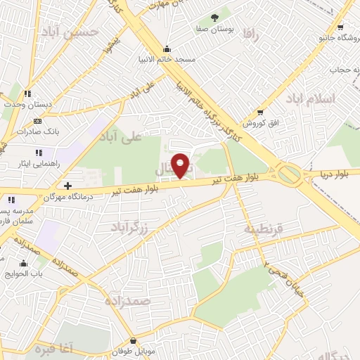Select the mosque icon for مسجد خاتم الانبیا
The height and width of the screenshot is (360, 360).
(x=167, y=49)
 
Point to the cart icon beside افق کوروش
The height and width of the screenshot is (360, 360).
(x=260, y=112)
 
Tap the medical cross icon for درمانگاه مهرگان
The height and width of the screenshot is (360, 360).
(x=67, y=186)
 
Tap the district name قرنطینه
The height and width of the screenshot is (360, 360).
(x=262, y=229)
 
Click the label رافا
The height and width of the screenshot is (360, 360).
(x=251, y=32)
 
